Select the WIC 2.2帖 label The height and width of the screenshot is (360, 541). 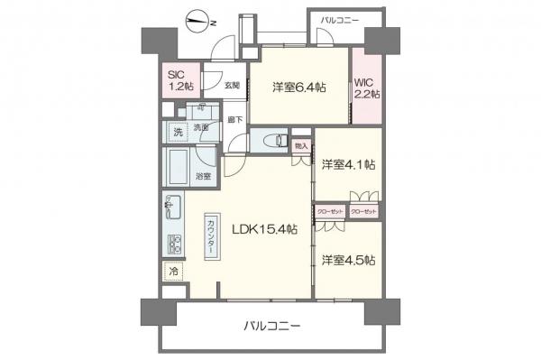coord(366,88)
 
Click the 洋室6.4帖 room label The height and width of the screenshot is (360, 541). coord(299,88)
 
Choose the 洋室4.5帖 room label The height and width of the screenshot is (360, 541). coord(348,260)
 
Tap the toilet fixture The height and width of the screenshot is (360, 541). coord(273,141)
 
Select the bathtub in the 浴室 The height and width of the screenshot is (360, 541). coord(176,166)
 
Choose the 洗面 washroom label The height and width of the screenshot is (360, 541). coord(201,128)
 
